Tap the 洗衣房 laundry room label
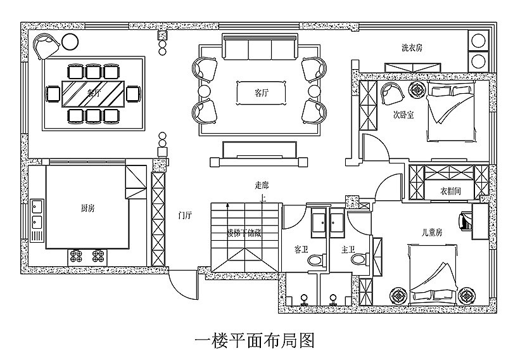[412, 48]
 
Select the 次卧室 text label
[403, 115]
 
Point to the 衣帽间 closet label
[450, 190]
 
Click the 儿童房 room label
[432, 233]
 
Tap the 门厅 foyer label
[186, 215]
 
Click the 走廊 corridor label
[262, 185]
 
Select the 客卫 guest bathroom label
[301, 249]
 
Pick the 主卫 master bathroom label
[348, 249]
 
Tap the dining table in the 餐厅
[94, 93]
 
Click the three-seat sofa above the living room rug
[260, 46]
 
